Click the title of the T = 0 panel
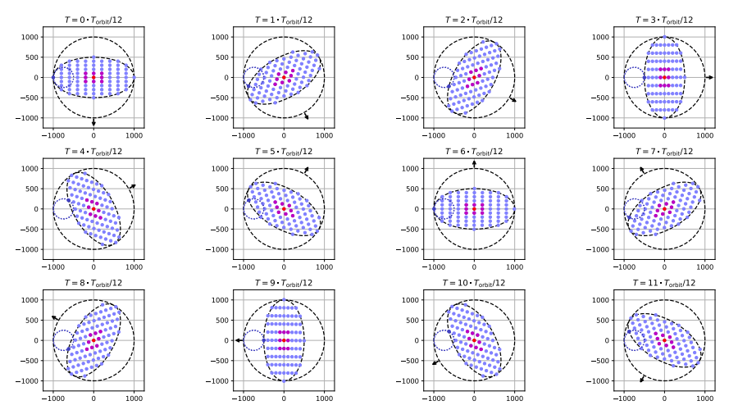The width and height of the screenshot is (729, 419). pos(93,20)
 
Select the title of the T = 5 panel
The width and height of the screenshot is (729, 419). pos(284,151)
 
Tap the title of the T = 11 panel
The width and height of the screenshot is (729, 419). pos(664,282)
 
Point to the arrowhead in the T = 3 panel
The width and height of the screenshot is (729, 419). pos(711,77)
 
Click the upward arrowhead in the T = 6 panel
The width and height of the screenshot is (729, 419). pos(474,163)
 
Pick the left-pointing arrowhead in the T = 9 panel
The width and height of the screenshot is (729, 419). pos(237,339)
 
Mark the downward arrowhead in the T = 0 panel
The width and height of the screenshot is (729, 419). pos(93,123)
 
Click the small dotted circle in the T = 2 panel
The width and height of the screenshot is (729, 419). pos(443,77)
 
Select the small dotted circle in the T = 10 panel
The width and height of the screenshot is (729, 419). pos(443,339)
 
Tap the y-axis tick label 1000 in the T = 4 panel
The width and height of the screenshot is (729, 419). pos(30,169)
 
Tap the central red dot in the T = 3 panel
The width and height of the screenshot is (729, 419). pos(664,77)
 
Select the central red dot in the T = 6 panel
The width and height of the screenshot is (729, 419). pos(474,208)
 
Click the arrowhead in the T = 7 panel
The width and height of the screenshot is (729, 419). pos(641,169)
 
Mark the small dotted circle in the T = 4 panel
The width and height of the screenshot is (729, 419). pos(62,208)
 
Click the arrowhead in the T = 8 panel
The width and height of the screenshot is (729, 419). pos(53,317)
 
